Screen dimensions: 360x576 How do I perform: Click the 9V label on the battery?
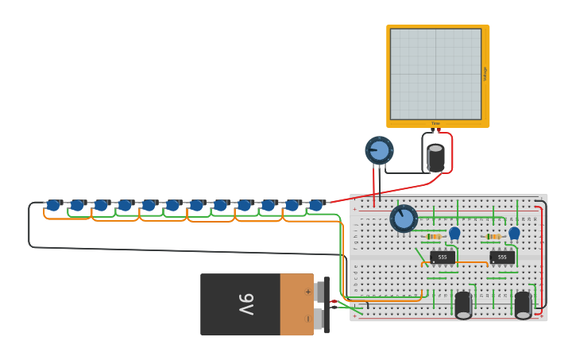click(246, 304)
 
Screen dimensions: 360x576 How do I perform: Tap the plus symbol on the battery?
click(308, 292)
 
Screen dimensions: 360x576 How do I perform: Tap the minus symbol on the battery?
click(308, 319)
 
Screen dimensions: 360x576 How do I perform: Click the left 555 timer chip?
click(443, 257)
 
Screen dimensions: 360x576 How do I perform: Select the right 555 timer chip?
click(502, 257)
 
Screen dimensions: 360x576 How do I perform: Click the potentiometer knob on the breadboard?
click(404, 219)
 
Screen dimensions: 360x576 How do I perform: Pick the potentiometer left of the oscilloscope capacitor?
click(379, 150)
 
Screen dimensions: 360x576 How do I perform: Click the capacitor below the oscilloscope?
click(435, 157)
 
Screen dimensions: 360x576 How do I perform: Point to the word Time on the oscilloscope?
click(435, 124)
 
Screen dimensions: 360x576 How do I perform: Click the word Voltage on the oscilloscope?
click(485, 74)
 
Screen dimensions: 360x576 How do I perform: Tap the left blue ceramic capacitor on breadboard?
click(454, 233)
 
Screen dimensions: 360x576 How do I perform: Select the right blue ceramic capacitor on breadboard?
click(514, 233)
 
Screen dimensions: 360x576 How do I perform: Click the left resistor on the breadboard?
click(434, 237)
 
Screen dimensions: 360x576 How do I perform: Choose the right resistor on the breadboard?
click(493, 237)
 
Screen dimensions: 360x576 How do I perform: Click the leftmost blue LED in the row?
click(53, 205)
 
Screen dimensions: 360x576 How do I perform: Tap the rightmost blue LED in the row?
click(316, 205)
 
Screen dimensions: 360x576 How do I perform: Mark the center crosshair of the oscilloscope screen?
click(435, 74)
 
